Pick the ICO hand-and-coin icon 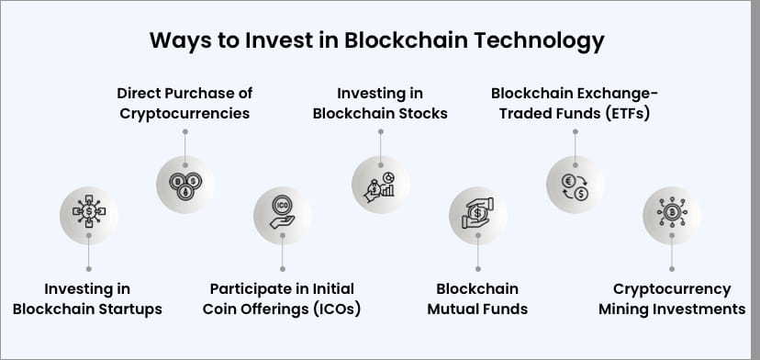pos(282,215)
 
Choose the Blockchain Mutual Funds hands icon pos(477,215)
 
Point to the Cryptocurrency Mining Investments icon pos(672,215)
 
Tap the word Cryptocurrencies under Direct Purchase pos(184,114)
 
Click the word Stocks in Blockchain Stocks pos(419,114)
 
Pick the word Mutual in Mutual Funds pos(454,309)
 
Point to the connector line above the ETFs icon pos(575,141)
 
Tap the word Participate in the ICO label pos(250,288)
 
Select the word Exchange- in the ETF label pos(619,94)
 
